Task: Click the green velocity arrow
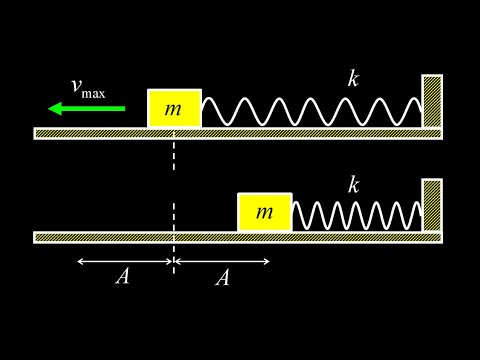click(88, 108)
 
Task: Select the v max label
click(88, 87)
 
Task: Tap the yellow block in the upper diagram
click(174, 108)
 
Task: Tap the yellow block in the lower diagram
click(264, 212)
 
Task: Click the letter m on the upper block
click(174, 109)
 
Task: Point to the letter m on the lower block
click(264, 212)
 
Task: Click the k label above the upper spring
click(353, 79)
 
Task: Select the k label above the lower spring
click(353, 184)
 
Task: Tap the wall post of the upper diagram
click(431, 101)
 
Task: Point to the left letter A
click(122, 278)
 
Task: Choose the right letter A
click(222, 278)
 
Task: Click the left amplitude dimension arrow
click(125, 262)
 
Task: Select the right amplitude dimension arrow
click(222, 262)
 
